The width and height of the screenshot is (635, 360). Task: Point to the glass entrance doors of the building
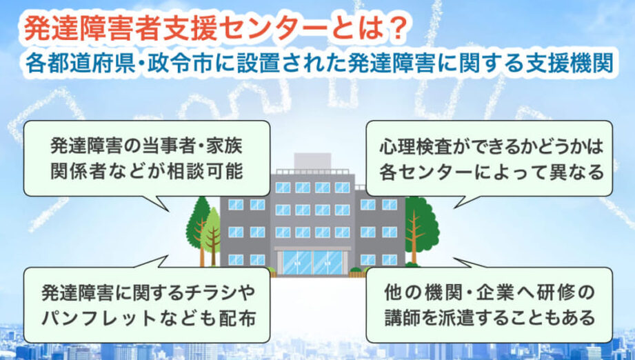tap(312, 262)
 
